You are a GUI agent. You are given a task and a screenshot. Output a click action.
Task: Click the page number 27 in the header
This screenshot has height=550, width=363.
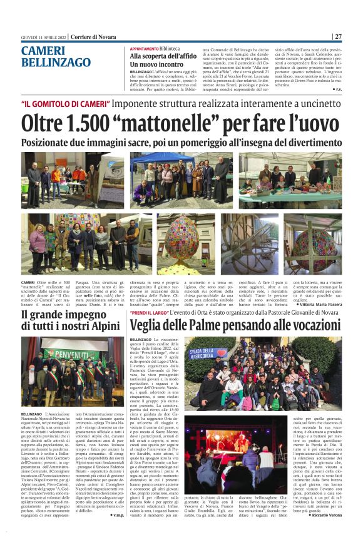[x=337, y=36]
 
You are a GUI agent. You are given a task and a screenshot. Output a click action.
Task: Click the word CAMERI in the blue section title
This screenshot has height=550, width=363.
[x=43, y=51]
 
